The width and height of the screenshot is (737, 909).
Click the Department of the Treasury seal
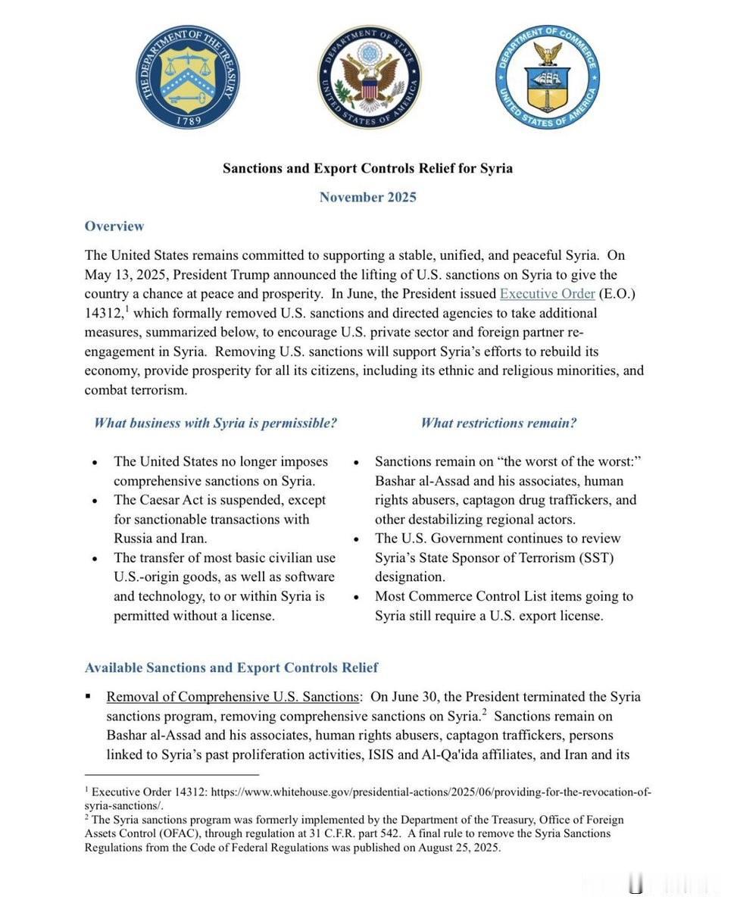pyautogui.click(x=188, y=76)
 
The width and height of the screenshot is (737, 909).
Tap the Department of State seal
pyautogui.click(x=369, y=77)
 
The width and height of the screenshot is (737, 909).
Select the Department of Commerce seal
pyautogui.click(x=548, y=76)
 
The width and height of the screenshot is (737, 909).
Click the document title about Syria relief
pyautogui.click(x=367, y=168)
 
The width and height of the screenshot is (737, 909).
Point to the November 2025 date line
pyautogui.click(x=367, y=198)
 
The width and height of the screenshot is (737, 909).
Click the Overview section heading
pyautogui.click(x=114, y=226)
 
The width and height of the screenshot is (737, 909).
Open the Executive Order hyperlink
pyautogui.click(x=547, y=294)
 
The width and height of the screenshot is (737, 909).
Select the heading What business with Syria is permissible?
pyautogui.click(x=215, y=423)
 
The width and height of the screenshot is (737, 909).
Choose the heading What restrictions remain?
pyautogui.click(x=498, y=423)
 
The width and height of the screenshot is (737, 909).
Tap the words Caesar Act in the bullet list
pyautogui.click(x=174, y=500)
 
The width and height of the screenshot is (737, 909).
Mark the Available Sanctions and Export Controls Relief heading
pyautogui.click(x=231, y=668)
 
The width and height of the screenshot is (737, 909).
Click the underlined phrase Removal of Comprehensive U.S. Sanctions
pyautogui.click(x=232, y=697)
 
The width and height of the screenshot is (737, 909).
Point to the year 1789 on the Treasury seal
pyautogui.click(x=188, y=120)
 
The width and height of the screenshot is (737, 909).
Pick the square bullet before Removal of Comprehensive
pyautogui.click(x=89, y=696)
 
